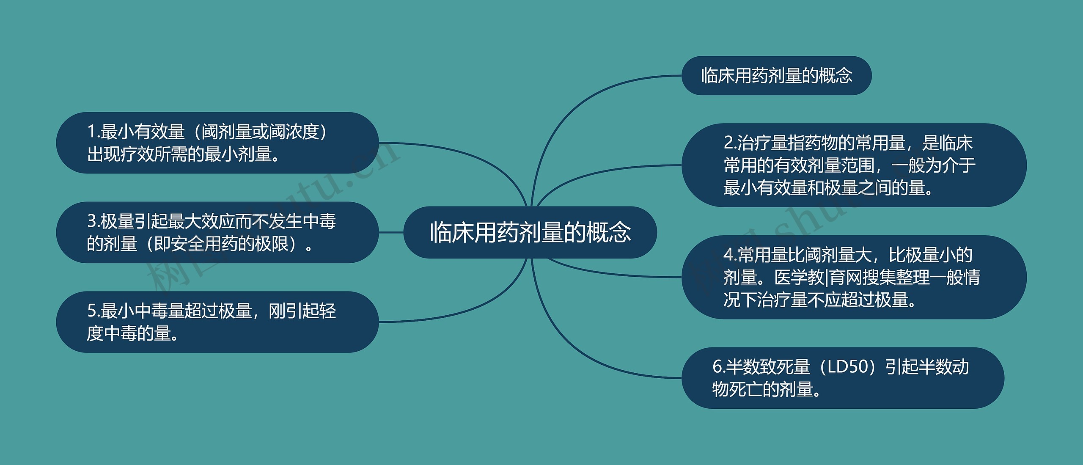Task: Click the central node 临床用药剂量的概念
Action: click(530, 232)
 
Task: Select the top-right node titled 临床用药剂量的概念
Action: click(776, 76)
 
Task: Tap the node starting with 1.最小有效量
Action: click(217, 143)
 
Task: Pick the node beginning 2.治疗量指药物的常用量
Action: click(854, 165)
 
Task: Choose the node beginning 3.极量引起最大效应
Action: click(217, 232)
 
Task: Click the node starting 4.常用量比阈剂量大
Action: click(854, 277)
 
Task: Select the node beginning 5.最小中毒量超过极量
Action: click(217, 322)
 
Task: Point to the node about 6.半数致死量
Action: click(843, 378)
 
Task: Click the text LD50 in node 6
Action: click(848, 367)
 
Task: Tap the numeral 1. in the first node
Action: click(93, 132)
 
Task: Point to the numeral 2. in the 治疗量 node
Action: click(730, 143)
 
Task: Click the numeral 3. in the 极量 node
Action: click(93, 221)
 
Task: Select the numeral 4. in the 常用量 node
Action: click(730, 255)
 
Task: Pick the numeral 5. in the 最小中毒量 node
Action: click(93, 311)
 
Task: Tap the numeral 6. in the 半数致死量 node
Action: click(719, 367)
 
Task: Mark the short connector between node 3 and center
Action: click(391, 232)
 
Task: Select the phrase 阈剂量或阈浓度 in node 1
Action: click(260, 132)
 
